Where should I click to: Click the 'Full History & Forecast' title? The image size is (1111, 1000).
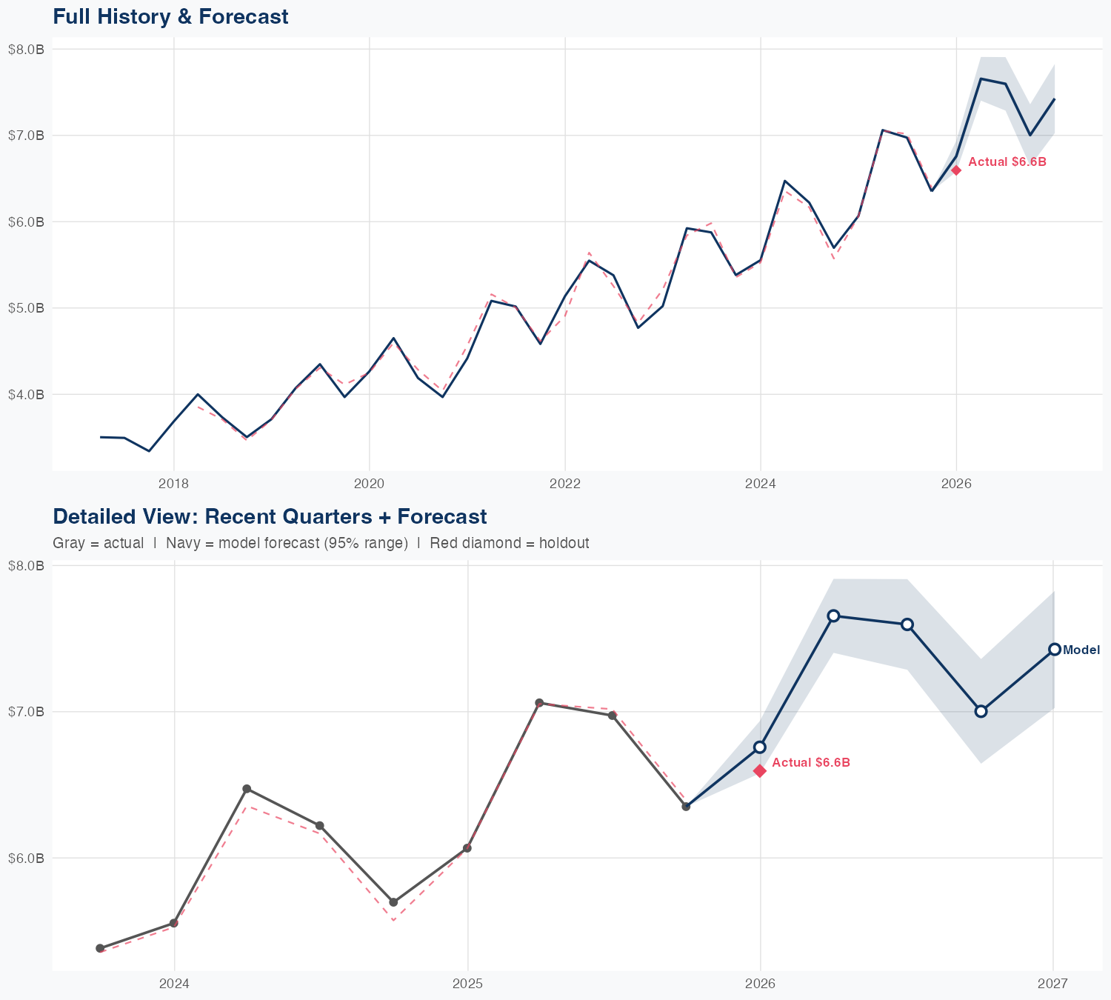tap(170, 16)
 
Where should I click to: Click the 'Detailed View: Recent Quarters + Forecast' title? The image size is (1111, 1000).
tap(270, 516)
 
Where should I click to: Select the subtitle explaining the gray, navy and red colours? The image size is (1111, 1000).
tap(321, 543)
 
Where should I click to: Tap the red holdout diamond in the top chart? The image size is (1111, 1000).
tap(956, 170)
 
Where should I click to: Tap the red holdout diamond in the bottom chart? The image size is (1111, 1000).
tap(760, 771)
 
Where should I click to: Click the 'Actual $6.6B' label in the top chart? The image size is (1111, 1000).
tap(1007, 161)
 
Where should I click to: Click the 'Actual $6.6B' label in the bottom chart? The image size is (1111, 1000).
tap(810, 762)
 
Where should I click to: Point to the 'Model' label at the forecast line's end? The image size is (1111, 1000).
tap(1081, 650)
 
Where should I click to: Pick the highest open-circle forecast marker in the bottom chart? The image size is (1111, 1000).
tap(833, 616)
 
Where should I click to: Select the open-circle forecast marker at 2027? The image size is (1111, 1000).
tap(1054, 649)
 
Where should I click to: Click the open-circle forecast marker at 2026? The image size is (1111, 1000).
tap(760, 747)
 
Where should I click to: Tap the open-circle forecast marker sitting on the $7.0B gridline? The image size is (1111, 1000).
tap(981, 711)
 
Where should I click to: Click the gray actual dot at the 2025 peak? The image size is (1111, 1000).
tap(539, 703)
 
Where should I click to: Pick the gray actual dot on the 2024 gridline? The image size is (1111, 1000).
tap(174, 923)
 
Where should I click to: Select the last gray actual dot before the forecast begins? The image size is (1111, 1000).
tap(686, 806)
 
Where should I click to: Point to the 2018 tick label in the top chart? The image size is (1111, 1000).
tap(173, 484)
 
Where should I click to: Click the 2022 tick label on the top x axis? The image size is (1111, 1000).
tap(564, 484)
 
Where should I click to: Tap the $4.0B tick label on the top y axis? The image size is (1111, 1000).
tap(26, 394)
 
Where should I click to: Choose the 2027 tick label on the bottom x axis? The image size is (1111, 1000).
tap(1052, 984)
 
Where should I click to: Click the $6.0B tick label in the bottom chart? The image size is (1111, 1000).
tap(26, 858)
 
